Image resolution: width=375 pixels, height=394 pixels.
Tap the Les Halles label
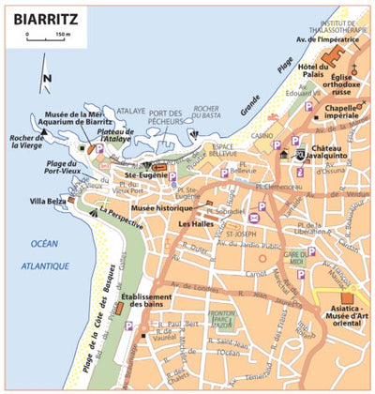pos(197,225)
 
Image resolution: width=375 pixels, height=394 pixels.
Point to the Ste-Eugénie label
pos(144,174)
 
